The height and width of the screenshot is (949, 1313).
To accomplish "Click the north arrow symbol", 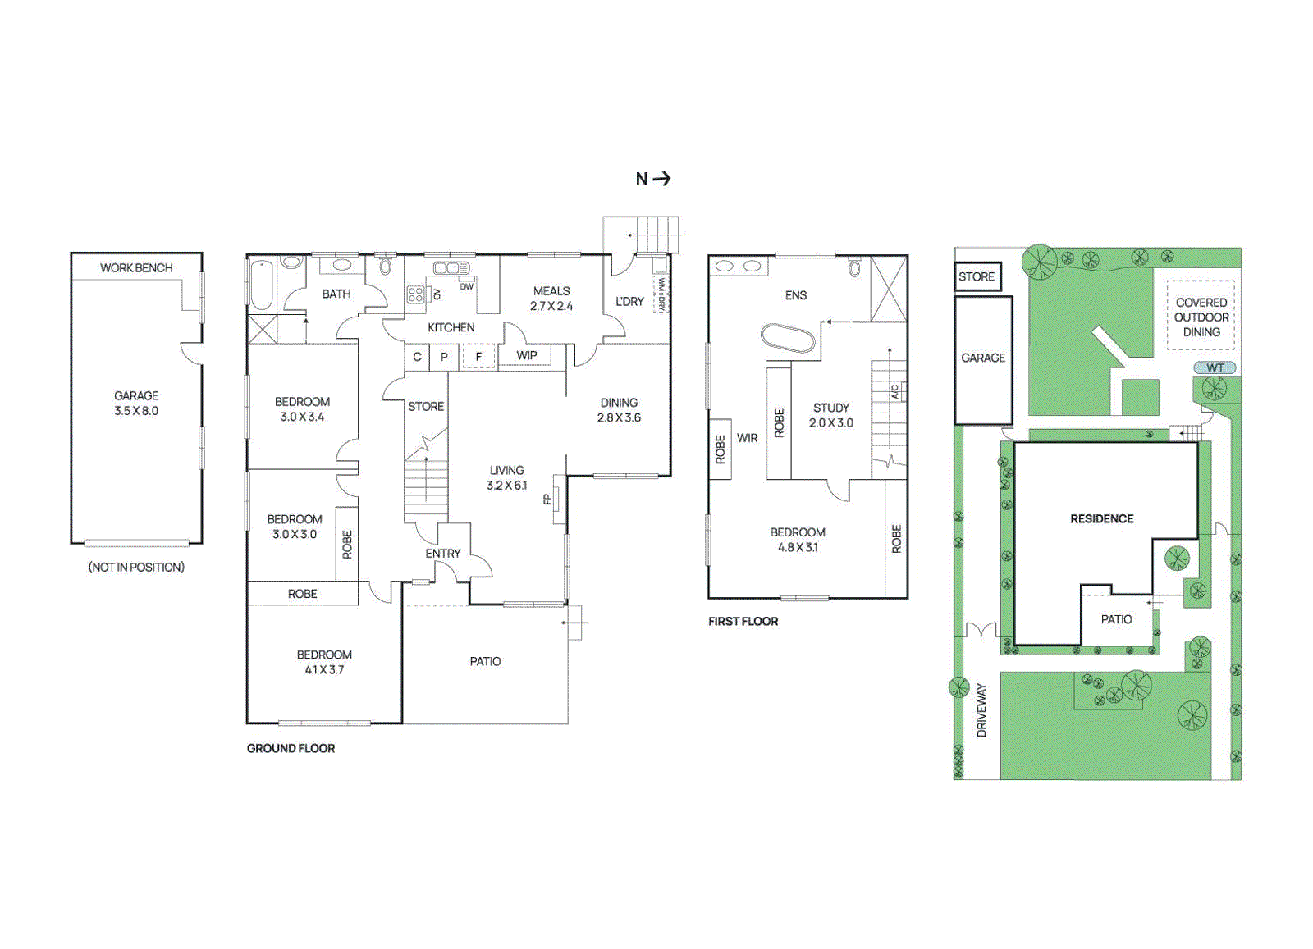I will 654,179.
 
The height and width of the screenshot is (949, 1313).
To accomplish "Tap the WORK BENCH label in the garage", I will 136,268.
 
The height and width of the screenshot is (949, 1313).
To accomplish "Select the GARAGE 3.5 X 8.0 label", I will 136,403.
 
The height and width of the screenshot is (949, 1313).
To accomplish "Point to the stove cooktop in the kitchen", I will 416,294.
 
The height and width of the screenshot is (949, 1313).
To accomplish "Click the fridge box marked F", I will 478,357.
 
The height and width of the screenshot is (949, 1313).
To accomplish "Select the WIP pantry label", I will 526,355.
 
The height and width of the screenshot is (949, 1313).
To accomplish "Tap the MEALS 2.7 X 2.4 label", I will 551,299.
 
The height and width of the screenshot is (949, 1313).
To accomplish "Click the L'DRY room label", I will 629,302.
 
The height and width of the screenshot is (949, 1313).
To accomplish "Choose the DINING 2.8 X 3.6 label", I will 619,410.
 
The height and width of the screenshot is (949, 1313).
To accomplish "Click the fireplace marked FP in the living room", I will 556,499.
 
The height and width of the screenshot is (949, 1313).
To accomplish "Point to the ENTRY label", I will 443,554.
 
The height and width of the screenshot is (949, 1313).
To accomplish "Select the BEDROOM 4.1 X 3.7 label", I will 324,662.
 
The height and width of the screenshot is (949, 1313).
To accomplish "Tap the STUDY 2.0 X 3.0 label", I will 830,415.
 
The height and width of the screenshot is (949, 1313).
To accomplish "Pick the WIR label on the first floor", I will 747,438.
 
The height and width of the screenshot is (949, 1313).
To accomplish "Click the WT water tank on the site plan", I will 1215,368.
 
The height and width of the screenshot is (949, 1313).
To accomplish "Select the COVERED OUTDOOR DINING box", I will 1201,317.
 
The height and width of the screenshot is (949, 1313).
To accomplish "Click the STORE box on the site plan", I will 977,277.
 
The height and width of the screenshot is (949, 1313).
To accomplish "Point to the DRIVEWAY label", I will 981,710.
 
